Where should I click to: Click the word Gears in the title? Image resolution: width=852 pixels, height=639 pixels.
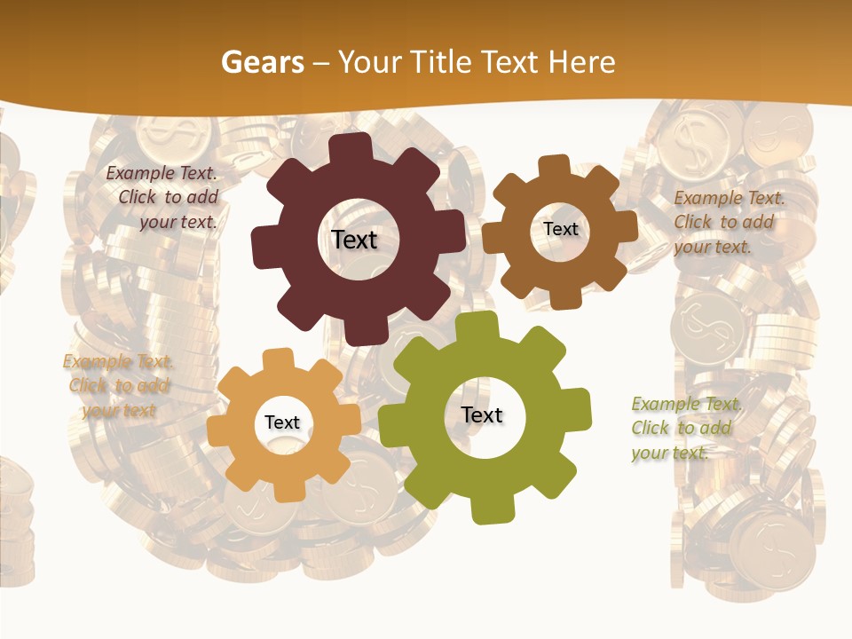point(262,62)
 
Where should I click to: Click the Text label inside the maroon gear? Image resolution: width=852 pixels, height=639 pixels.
point(354,240)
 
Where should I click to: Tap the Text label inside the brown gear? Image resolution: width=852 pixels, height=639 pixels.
point(560,229)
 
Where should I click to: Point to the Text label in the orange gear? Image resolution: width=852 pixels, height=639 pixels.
point(282,422)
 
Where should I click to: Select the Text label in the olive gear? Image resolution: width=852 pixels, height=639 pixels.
point(482,415)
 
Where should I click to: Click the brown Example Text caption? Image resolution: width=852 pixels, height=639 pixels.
point(728,222)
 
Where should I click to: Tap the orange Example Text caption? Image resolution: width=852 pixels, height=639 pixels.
point(118,386)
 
